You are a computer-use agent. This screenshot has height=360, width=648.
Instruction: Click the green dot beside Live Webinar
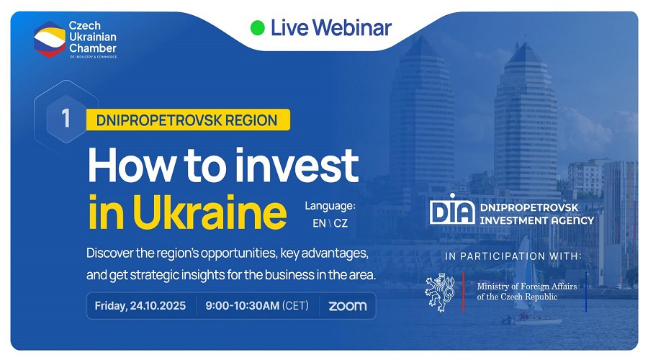coord(258,27)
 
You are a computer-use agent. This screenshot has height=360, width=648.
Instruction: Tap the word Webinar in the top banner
coord(352,27)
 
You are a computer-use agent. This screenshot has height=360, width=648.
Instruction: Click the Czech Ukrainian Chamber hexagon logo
coord(50,40)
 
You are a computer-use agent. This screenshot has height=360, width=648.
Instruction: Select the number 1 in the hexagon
coord(66,118)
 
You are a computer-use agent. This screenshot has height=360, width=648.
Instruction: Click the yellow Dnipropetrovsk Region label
coord(188,120)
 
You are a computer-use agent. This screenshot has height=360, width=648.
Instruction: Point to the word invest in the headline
coord(297,166)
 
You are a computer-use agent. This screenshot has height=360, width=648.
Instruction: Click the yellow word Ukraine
coord(210,212)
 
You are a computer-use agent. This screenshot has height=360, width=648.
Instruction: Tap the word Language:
coord(330,206)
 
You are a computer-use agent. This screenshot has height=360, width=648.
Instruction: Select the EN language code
coord(319,223)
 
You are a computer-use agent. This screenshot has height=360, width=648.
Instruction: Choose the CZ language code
coord(341,223)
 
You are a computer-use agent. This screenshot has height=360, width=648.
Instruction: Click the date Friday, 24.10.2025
coord(140,306)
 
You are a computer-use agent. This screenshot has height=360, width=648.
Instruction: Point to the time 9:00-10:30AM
coord(242,306)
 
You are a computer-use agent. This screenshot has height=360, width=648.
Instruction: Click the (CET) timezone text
coord(295,306)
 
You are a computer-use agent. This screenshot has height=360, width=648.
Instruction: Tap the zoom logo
coord(348,306)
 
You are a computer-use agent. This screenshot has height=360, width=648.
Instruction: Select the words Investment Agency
coord(537,220)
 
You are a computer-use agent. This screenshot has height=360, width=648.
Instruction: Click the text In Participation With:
coord(513,256)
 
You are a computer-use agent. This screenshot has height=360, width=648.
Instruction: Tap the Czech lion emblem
coord(441,292)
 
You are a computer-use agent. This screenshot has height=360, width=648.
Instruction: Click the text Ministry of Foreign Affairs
coord(527,286)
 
